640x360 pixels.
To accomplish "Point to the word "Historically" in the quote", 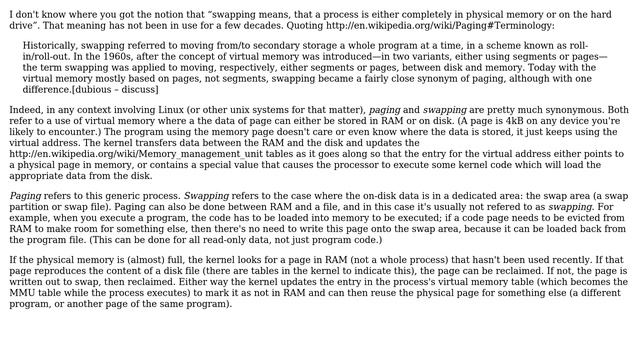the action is (57, 46).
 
